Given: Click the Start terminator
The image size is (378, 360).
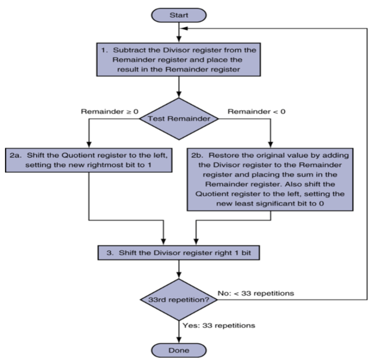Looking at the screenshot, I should (x=179, y=14).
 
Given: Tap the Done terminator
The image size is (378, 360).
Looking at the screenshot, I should (x=179, y=349).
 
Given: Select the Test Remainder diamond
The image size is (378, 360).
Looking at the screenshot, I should (x=179, y=118).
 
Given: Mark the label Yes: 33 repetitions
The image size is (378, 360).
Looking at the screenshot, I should (x=218, y=325).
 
